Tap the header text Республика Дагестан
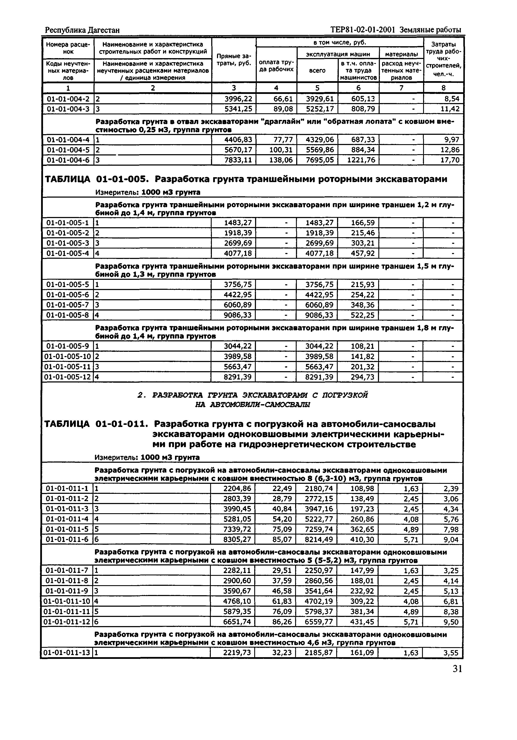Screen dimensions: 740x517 click(x=82, y=30)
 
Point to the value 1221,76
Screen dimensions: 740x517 click(x=361, y=160)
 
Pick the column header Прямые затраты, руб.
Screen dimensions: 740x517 click(x=234, y=60)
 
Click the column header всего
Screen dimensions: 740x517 click(x=317, y=70)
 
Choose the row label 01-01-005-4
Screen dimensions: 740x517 click(x=68, y=253)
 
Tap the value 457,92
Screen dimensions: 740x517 click(x=363, y=253)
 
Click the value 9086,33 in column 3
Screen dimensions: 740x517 click(x=238, y=315)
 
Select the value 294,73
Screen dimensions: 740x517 click(x=363, y=377)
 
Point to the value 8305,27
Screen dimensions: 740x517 click(x=237, y=540)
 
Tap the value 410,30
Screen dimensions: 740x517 click(x=362, y=540)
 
